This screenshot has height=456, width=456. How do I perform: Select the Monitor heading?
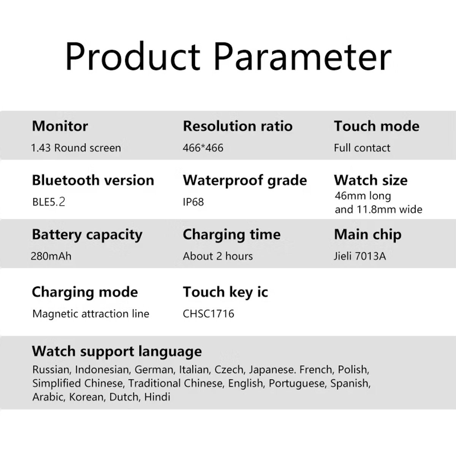click(60, 126)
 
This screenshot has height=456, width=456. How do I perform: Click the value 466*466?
click(203, 148)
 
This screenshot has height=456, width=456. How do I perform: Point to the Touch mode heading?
click(377, 126)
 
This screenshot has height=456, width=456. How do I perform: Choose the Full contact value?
click(362, 148)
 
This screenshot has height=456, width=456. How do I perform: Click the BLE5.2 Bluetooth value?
click(49, 202)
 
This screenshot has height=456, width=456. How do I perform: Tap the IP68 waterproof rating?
click(193, 202)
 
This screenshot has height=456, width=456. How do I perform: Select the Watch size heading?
click(370, 180)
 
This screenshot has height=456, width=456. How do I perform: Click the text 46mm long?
click(363, 196)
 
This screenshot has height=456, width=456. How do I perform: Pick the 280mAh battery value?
click(51, 256)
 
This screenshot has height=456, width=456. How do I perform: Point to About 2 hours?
click(218, 256)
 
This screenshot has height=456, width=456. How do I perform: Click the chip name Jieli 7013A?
click(360, 256)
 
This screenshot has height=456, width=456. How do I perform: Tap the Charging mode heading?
click(85, 292)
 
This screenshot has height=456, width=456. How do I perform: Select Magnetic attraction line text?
click(91, 314)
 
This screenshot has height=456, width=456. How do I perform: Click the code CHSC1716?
click(208, 314)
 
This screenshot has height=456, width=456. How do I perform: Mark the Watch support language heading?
click(117, 351)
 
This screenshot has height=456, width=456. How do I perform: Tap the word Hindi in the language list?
click(157, 397)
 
